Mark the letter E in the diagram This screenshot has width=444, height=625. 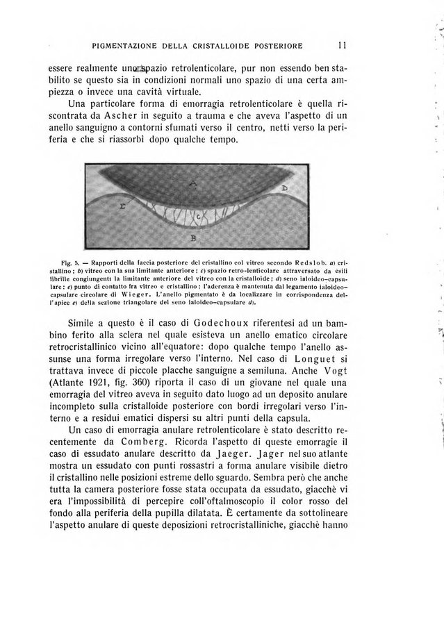122,207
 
